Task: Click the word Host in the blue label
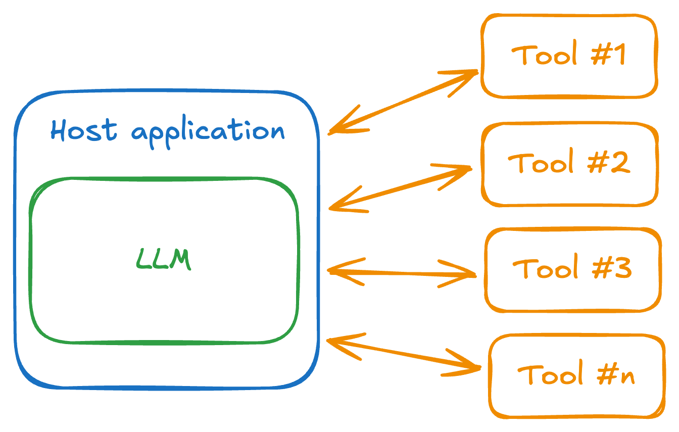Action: pyautogui.click(x=84, y=130)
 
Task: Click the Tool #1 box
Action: pyautogui.click(x=569, y=55)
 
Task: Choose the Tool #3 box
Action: pyautogui.click(x=573, y=269)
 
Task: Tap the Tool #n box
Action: pyautogui.click(x=576, y=375)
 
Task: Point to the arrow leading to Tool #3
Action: pyautogui.click(x=402, y=273)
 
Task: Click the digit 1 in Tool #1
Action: pyautogui.click(x=619, y=55)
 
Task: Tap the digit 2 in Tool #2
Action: pyautogui.click(x=620, y=163)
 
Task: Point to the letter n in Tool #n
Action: pyautogui.click(x=628, y=377)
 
